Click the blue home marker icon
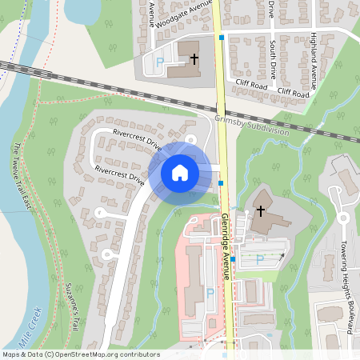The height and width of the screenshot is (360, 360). pyautogui.click(x=180, y=172)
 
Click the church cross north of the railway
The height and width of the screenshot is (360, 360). pyautogui.click(x=194, y=58)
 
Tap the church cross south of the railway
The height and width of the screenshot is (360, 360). pyautogui.click(x=259, y=212)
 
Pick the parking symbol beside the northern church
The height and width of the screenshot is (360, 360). pyautogui.click(x=159, y=62)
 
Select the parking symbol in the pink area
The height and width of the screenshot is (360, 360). pyautogui.click(x=210, y=293)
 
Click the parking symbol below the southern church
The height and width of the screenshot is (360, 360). pyautogui.click(x=258, y=259)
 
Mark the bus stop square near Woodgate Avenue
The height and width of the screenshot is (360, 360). pyautogui.click(x=222, y=37)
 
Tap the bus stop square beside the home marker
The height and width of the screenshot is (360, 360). pyautogui.click(x=221, y=183)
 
